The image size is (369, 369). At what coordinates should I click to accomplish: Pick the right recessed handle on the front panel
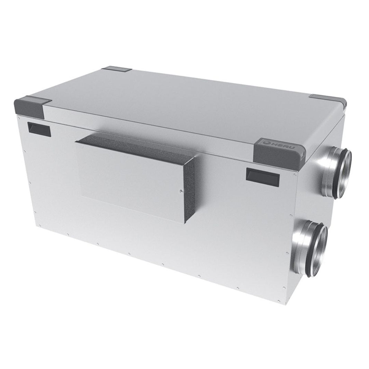[262, 176]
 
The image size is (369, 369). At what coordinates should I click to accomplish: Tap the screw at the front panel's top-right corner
[294, 175]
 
